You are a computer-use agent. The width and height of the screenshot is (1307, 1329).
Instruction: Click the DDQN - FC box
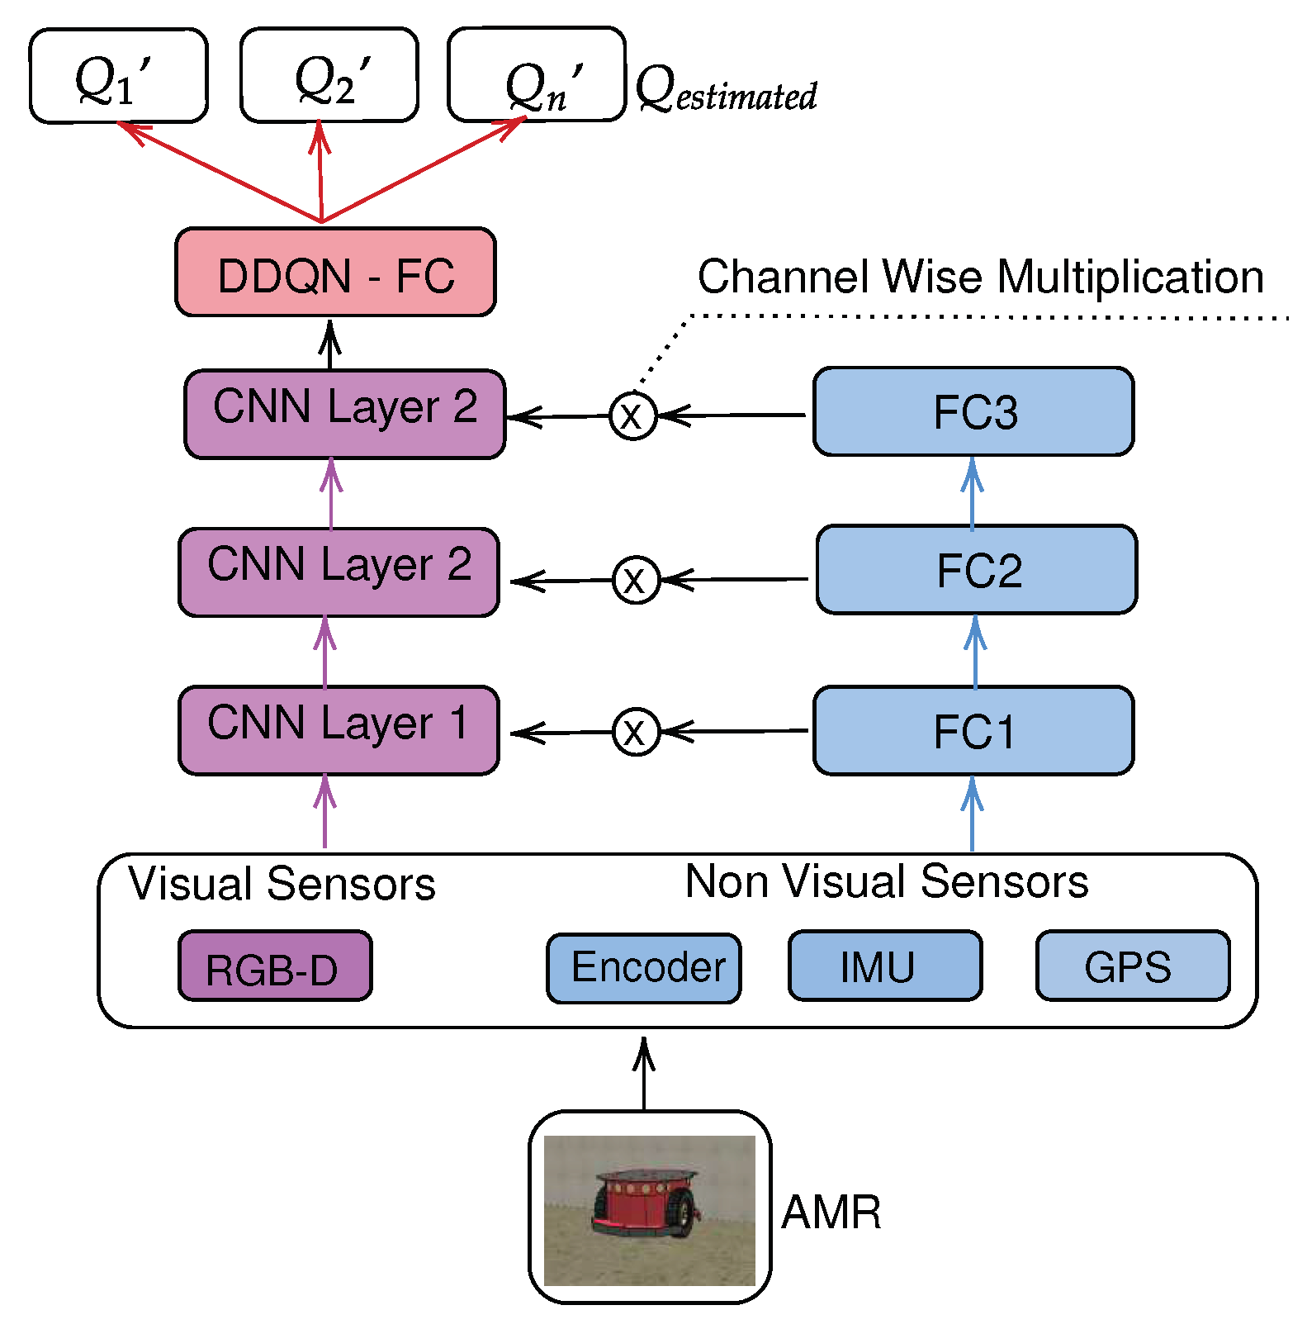[335, 273]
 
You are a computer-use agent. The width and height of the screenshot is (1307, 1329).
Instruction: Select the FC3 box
[973, 411]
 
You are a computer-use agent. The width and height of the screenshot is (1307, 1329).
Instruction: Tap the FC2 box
[977, 570]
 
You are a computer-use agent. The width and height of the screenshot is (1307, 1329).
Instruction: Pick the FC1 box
[973, 731]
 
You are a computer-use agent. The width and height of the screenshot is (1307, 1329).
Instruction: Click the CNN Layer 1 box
[339, 730]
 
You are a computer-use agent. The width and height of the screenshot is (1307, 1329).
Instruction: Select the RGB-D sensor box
[275, 966]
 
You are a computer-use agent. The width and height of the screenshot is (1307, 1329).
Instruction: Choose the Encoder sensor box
[644, 968]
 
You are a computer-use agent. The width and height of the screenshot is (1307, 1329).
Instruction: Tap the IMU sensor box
[885, 966]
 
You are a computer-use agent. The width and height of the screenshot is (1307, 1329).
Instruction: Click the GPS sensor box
[1133, 966]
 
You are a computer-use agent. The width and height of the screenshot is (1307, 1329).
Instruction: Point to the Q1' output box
[118, 76]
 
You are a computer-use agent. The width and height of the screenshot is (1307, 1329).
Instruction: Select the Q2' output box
[329, 75]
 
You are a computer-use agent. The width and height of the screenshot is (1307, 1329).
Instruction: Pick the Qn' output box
[537, 75]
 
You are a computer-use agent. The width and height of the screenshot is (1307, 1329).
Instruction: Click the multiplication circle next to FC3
[632, 415]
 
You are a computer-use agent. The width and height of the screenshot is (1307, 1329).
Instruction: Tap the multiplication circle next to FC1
[636, 732]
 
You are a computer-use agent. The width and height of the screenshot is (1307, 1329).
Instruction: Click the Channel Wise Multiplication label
[980, 277]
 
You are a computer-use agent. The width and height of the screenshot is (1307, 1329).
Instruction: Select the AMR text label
[831, 1213]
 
